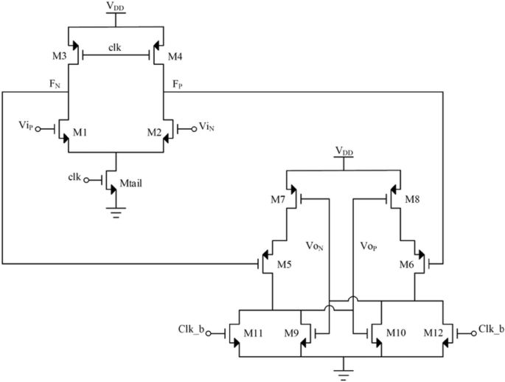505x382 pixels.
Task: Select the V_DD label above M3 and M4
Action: tap(116, 8)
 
